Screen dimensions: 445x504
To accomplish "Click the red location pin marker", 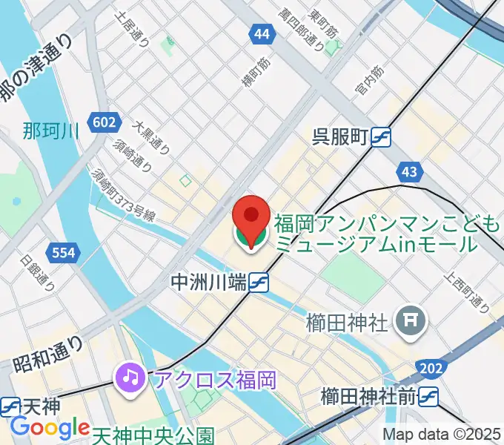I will pyautogui.click(x=251, y=219).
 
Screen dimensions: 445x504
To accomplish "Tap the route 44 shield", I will pyautogui.click(x=260, y=34).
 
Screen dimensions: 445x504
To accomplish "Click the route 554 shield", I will pyautogui.click(x=63, y=253).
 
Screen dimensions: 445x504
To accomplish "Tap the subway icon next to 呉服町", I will pyautogui.click(x=381, y=138).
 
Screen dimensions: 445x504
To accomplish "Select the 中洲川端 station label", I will pyautogui.click(x=208, y=282).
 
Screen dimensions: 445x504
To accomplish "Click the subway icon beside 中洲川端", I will pyautogui.click(x=258, y=282).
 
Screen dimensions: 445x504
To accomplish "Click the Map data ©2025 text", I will pyautogui.click(x=442, y=435).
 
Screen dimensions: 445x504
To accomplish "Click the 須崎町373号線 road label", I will pyautogui.click(x=123, y=194).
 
